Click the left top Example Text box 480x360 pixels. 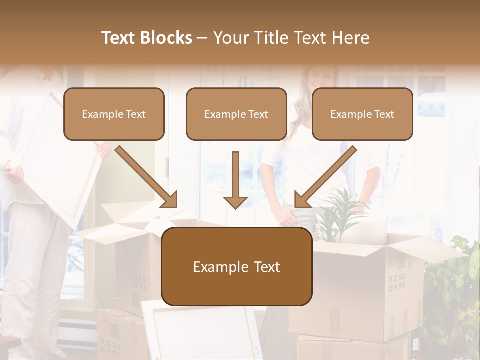click(114, 114)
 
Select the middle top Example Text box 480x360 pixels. click(236, 114)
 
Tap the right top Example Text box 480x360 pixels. click(362, 114)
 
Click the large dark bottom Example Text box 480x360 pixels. click(236, 267)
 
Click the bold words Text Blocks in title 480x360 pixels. click(147, 38)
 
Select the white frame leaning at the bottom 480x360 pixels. click(200, 330)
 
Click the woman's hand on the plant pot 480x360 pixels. click(287, 216)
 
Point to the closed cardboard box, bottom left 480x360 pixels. click(120, 332)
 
